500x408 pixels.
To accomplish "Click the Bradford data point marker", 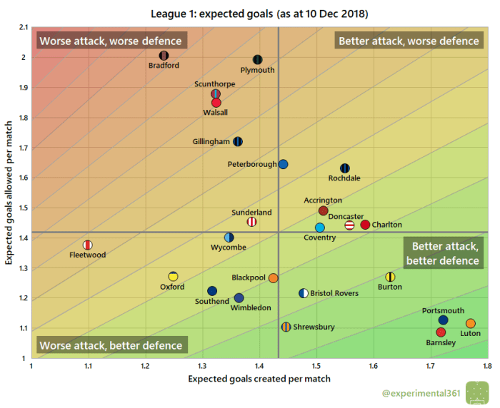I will [x=164, y=56].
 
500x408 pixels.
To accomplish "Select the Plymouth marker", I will [x=258, y=60].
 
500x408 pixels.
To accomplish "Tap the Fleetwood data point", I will [x=88, y=245].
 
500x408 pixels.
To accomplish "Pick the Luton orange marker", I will [x=470, y=323].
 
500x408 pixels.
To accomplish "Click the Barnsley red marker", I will [x=441, y=332].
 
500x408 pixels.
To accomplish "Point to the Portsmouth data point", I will [x=443, y=320].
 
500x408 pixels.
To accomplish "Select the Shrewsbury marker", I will [x=286, y=327].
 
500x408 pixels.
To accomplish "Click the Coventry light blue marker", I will [x=320, y=228].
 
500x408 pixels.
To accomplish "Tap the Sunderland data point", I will [x=251, y=222].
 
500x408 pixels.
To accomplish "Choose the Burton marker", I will [x=390, y=277].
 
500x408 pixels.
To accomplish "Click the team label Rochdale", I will [x=344, y=178].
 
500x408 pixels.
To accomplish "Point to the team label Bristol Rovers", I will [x=334, y=293].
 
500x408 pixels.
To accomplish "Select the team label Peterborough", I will [x=252, y=165].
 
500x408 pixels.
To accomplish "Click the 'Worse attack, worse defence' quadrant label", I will [x=110, y=41].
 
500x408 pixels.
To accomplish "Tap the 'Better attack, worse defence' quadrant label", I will [x=409, y=41].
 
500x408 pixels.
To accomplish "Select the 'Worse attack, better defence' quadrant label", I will [x=110, y=346].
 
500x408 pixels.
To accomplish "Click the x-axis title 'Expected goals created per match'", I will [x=258, y=379].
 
